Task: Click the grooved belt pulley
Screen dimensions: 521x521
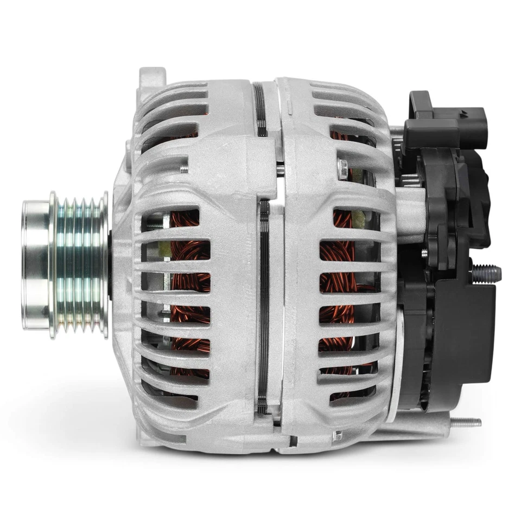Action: pyautogui.click(x=79, y=265)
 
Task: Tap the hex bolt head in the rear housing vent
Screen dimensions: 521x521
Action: pyautogui.click(x=342, y=169)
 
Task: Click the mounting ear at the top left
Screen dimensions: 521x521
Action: pyautogui.click(x=151, y=79)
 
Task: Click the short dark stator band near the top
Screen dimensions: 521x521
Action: pyautogui.click(x=260, y=109)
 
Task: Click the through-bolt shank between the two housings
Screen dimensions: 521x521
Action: pyautogui.click(x=280, y=169)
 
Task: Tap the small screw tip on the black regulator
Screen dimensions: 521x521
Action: pyautogui.click(x=424, y=252)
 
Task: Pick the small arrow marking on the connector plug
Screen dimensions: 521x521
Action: pyautogui.click(x=462, y=115)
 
